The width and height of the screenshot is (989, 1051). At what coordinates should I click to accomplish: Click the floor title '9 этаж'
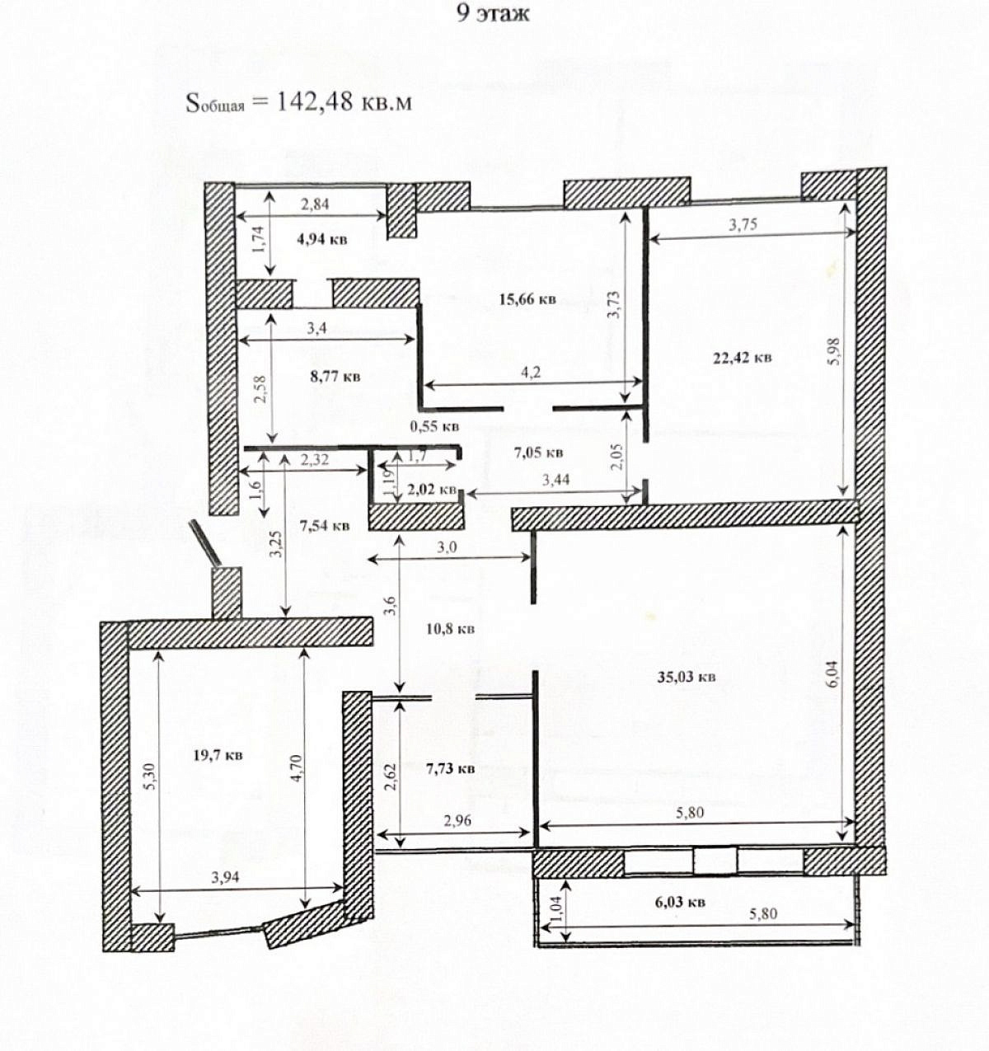[492, 13]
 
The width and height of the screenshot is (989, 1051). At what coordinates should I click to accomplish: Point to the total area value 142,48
[315, 101]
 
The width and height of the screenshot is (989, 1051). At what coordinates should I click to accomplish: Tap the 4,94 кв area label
[322, 239]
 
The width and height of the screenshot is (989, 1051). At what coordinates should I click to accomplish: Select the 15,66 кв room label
[527, 299]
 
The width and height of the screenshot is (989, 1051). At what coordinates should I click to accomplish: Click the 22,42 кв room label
[742, 359]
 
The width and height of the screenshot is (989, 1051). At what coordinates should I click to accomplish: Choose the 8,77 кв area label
[335, 377]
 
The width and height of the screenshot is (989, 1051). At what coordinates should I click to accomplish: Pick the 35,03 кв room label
[686, 677]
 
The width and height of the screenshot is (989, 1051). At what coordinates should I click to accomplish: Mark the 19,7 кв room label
[218, 754]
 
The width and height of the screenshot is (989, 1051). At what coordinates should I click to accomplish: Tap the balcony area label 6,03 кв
[680, 901]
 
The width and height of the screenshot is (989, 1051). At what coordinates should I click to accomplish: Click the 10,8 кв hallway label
[450, 629]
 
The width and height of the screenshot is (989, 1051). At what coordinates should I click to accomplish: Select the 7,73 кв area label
[450, 768]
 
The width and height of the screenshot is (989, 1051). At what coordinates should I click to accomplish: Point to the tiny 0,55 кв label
[434, 426]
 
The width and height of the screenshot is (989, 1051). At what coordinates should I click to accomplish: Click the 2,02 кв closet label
[432, 490]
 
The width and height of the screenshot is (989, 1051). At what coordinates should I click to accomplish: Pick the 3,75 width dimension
[743, 224]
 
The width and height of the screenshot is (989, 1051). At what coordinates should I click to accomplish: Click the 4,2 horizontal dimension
[531, 372]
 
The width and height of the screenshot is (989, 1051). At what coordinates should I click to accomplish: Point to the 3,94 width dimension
[226, 877]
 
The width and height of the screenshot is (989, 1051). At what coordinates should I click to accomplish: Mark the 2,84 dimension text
[315, 204]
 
